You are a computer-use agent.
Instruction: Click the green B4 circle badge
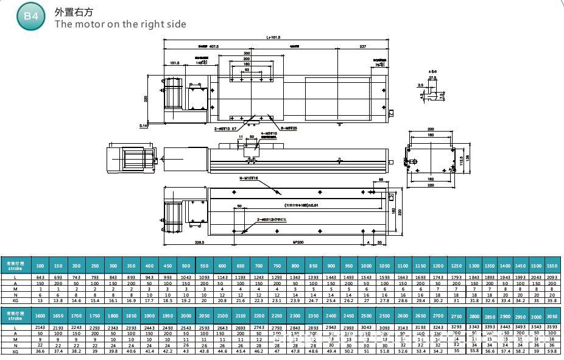(x=30, y=16)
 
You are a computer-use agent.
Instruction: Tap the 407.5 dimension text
(x=210, y=46)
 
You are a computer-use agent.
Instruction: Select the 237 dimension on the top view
(x=363, y=46)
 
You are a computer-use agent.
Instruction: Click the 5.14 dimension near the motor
(x=144, y=125)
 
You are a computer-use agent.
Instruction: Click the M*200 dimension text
(x=298, y=242)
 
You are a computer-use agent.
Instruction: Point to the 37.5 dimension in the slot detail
(x=432, y=77)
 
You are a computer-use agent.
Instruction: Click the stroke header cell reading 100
(x=40, y=266)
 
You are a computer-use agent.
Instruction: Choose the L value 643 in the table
(x=40, y=278)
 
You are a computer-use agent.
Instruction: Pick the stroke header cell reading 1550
(x=551, y=266)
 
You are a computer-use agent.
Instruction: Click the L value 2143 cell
(x=40, y=328)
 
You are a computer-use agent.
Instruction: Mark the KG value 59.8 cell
(x=551, y=350)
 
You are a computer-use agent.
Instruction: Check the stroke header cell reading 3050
(x=551, y=317)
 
